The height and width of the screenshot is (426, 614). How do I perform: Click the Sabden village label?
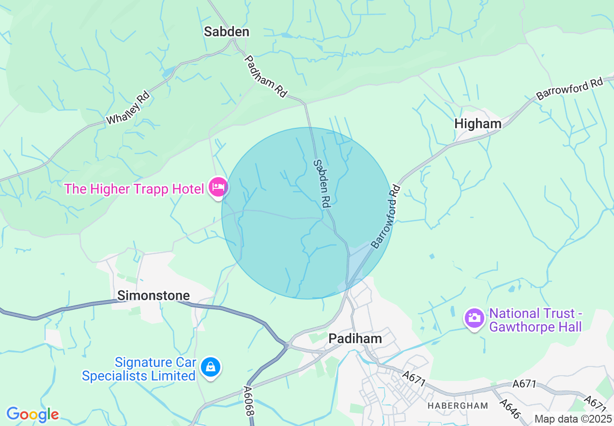click(x=227, y=32)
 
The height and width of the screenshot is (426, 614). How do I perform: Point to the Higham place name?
click(x=477, y=124)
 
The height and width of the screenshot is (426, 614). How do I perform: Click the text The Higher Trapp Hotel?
click(x=134, y=189)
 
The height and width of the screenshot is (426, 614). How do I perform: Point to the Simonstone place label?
click(x=153, y=295)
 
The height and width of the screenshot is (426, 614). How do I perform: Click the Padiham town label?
click(x=355, y=338)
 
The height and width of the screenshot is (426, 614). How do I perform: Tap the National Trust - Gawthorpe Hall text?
click(x=535, y=320)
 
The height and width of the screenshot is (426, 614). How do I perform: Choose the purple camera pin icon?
click(x=474, y=318)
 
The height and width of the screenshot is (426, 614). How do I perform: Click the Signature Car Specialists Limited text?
click(x=139, y=369)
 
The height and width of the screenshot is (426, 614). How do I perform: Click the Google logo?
click(x=32, y=414)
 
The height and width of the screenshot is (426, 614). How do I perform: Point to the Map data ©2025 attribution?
click(x=572, y=419)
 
